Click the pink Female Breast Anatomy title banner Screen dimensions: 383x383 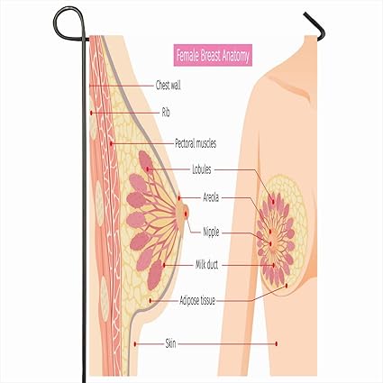213,55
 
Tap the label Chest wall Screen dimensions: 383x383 169,86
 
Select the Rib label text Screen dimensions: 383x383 166,113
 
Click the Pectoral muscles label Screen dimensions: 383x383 196,143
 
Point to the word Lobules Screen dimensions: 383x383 202,169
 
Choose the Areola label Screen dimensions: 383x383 211,197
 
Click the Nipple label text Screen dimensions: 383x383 211,233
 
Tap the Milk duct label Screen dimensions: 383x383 207,265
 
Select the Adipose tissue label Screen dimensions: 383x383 197,300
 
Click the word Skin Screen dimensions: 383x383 170,343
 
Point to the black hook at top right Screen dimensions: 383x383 315,26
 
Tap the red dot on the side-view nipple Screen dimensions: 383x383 186,214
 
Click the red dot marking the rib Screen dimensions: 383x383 91,113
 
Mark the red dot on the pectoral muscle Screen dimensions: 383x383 111,143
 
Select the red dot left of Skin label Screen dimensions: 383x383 135,343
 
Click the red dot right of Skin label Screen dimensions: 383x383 276,343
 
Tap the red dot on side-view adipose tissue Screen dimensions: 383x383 150,301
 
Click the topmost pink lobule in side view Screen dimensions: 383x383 146,162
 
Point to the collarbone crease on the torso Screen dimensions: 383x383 288,87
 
